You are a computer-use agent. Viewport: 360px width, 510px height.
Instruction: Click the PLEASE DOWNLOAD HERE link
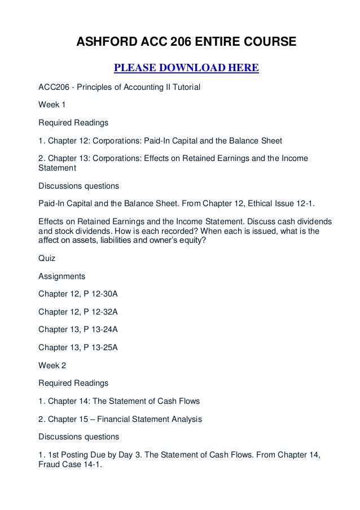coord(186,69)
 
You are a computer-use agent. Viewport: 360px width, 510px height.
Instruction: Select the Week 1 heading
coord(51,104)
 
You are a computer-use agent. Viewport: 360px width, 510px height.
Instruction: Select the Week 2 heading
coord(51,365)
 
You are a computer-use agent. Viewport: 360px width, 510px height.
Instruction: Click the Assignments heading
coord(62,277)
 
